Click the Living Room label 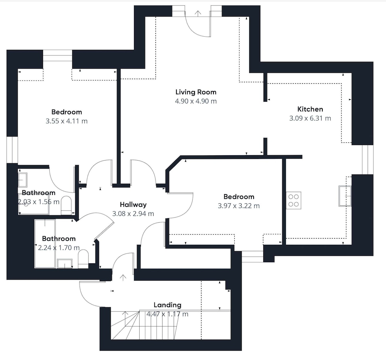click(x=196, y=92)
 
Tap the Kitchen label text click(x=310, y=109)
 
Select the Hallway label click(x=133, y=205)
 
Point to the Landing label click(x=168, y=305)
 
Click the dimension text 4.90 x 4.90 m click(x=196, y=101)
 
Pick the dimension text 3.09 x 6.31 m click(x=310, y=118)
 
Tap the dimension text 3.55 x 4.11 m click(x=67, y=121)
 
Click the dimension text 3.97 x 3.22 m click(x=239, y=206)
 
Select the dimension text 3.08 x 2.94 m click(x=133, y=214)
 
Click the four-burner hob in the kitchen click(x=293, y=200)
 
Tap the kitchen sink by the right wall click(x=345, y=196)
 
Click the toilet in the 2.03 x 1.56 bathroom click(x=66, y=205)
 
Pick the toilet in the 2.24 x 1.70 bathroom click(x=83, y=259)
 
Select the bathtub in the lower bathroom click(x=45, y=243)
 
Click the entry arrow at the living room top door click(x=197, y=13)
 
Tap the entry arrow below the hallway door click(x=123, y=277)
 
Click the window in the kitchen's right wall click(x=368, y=160)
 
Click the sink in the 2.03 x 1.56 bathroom click(x=23, y=180)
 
